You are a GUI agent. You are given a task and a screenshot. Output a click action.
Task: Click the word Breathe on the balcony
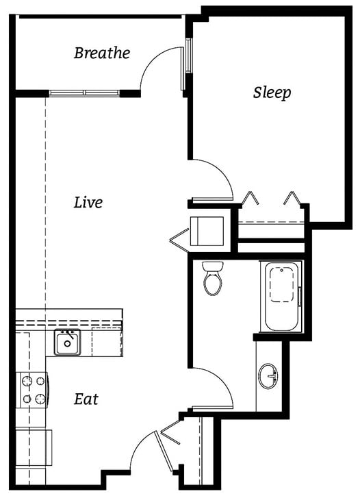(102, 53)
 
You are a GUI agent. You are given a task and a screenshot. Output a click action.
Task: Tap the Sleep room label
(272, 92)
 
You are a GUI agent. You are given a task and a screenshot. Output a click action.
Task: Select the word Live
(88, 203)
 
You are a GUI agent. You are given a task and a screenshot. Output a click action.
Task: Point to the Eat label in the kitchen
(86, 399)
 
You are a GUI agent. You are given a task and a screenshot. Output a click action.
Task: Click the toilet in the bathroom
(213, 278)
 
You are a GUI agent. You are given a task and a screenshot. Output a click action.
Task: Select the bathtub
(281, 296)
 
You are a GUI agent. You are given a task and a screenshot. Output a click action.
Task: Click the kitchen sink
(67, 342)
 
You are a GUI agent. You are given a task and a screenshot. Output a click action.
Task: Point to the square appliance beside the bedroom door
(207, 230)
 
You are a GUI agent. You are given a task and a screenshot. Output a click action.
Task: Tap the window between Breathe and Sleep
(185, 66)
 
